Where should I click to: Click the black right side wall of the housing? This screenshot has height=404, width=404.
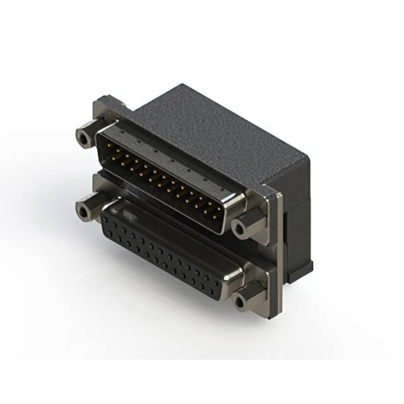[x=297, y=208]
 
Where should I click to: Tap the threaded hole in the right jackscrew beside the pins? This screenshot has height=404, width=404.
[x=240, y=227]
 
